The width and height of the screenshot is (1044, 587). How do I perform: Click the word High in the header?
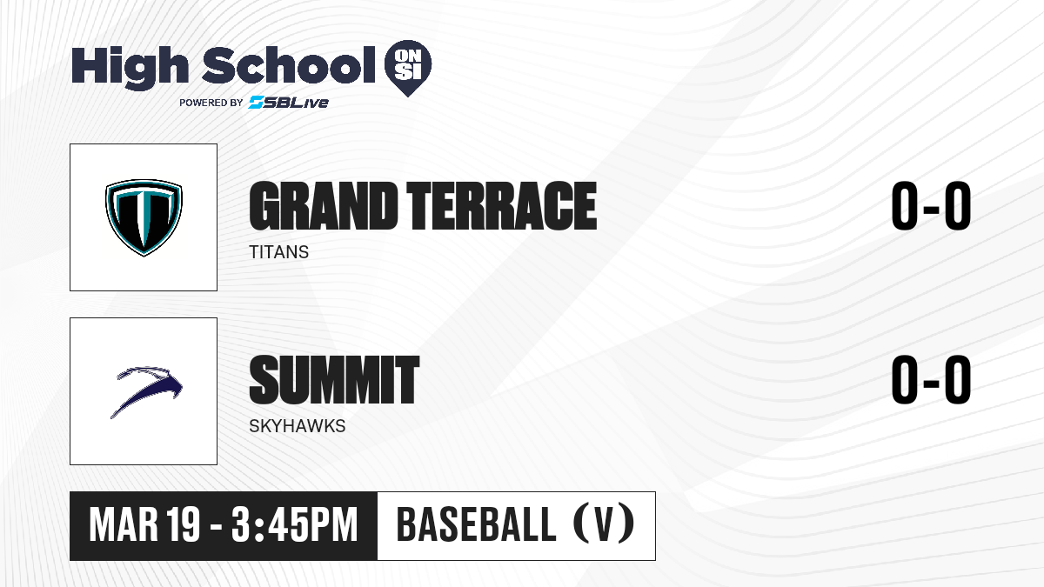click(x=130, y=68)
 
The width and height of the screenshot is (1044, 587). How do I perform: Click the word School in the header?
click(x=289, y=65)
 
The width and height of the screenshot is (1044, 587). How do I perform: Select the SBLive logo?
click(x=289, y=103)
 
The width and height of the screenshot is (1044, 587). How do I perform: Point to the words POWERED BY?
click(x=211, y=103)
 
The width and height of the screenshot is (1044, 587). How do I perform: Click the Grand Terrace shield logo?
click(x=144, y=217)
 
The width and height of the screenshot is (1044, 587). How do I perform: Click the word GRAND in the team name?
click(x=324, y=206)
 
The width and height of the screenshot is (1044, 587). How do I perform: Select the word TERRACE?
click(x=501, y=206)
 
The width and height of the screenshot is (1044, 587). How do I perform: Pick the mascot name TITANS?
click(x=278, y=252)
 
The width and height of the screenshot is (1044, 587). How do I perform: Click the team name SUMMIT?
click(x=334, y=380)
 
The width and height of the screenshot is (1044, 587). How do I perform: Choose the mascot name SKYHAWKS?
click(x=298, y=426)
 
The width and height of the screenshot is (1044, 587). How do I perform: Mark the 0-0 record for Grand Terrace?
click(x=931, y=206)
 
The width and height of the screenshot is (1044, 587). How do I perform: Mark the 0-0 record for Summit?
click(x=931, y=380)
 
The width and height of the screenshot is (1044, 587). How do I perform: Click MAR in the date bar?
click(x=124, y=525)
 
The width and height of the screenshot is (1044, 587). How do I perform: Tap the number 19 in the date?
click(x=184, y=525)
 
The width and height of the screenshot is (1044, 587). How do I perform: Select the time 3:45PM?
click(x=295, y=525)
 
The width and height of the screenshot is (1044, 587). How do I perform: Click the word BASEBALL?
click(x=476, y=524)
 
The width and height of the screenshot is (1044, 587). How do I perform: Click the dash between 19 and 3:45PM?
click(x=216, y=527)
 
